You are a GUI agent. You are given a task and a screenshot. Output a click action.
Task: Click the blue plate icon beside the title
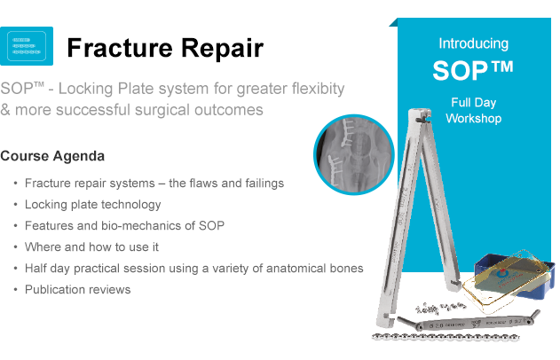pos(27,46)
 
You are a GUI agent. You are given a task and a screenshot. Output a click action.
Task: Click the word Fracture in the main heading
pos(121,48)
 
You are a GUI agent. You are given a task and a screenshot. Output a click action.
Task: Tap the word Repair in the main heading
pos(223,48)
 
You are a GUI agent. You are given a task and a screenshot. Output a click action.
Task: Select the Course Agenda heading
pos(52,156)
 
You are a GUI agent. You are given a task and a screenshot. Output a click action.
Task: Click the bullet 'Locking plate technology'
pos(93,205)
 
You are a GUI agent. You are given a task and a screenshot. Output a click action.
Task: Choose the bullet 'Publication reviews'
pos(78,289)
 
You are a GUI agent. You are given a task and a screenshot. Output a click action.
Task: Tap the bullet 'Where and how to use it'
pos(91,247)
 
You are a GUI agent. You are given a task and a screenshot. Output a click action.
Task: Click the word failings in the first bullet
pos(264,183)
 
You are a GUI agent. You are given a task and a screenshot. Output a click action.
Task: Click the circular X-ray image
pos(354,154)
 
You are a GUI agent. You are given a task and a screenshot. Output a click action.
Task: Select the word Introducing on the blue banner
pos(474,43)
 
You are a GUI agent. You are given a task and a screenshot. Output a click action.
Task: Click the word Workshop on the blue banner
pos(474,118)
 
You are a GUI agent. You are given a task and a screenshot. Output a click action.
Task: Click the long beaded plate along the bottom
pos(446,336)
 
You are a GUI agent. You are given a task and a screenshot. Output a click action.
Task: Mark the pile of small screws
pos(439,308)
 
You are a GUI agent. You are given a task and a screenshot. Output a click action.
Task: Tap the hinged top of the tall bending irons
pos(420,116)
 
